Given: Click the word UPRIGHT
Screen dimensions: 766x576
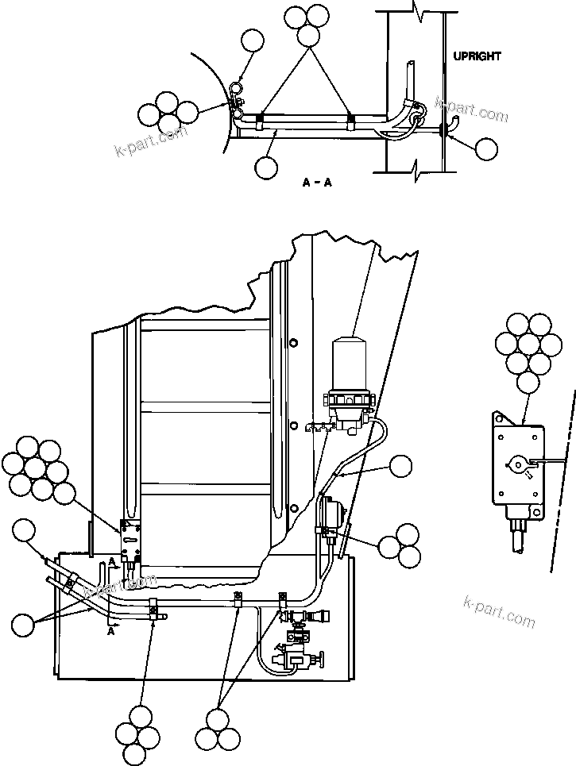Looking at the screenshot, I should pyautogui.click(x=477, y=56).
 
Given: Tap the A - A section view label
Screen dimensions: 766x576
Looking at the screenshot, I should pyautogui.click(x=317, y=183).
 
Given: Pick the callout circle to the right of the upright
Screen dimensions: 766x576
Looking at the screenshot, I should pyautogui.click(x=486, y=148).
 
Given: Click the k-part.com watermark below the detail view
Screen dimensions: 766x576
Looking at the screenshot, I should pyautogui.click(x=499, y=610).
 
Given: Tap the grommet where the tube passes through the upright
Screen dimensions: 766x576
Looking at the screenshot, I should pyautogui.click(x=442, y=129).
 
